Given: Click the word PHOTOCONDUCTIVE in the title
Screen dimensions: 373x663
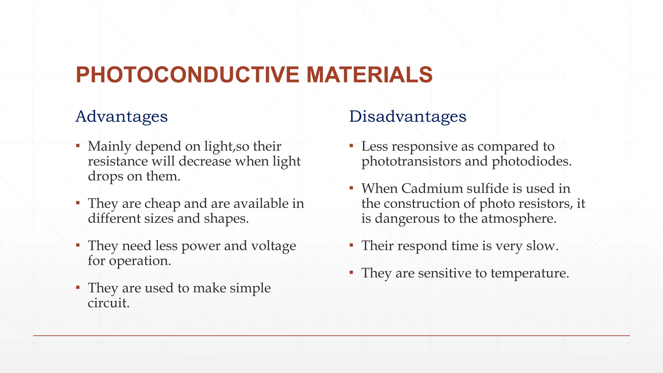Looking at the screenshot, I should (187, 75).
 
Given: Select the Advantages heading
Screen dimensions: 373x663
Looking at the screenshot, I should (121, 116).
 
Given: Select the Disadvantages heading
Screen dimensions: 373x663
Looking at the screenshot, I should (408, 116).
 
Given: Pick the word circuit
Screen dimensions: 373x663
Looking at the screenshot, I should (108, 303).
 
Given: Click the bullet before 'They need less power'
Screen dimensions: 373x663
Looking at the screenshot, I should (78, 245).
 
